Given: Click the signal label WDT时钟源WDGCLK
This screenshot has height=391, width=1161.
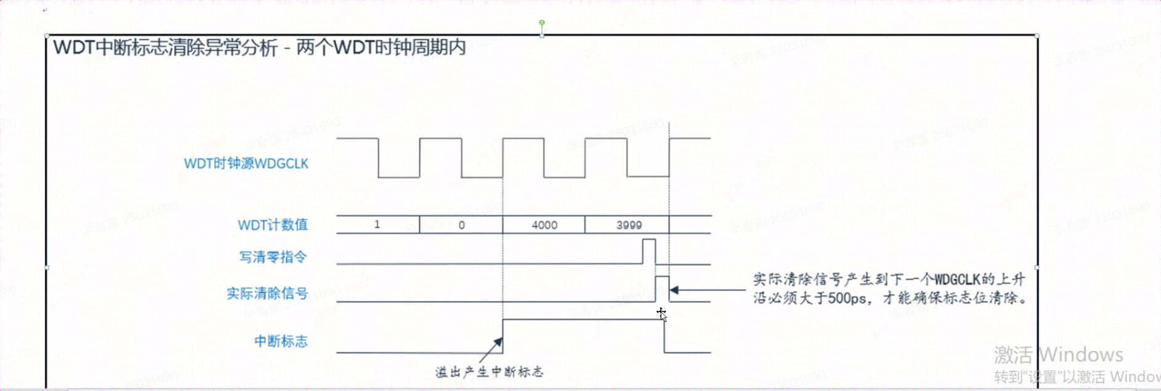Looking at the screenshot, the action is pyautogui.click(x=246, y=163).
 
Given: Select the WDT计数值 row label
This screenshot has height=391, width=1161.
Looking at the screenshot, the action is pyautogui.click(x=273, y=224).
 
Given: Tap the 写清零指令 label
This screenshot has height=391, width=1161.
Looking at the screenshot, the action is pyautogui.click(x=273, y=257).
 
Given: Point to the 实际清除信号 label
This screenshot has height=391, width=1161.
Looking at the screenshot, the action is pyautogui.click(x=266, y=293).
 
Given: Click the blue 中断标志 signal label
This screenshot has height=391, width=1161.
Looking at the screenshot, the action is pyautogui.click(x=281, y=341).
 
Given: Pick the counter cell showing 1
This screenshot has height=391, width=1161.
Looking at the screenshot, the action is pyautogui.click(x=377, y=224).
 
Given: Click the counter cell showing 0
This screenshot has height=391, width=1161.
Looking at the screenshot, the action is pyautogui.click(x=461, y=225).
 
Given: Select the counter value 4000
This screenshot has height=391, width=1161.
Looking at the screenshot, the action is pyautogui.click(x=544, y=225).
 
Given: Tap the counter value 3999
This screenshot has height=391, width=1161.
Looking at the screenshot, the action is pyautogui.click(x=629, y=225).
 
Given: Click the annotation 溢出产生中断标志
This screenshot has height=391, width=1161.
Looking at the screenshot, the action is pyautogui.click(x=489, y=372).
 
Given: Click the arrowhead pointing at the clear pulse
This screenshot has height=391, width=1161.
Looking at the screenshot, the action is pyautogui.click(x=674, y=290).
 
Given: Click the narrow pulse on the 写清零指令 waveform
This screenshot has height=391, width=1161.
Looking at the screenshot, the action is pyautogui.click(x=649, y=251).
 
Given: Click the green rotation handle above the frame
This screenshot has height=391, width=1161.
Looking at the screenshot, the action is pyautogui.click(x=542, y=23).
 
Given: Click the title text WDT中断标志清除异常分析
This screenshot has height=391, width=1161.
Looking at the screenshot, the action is pyautogui.click(x=165, y=47).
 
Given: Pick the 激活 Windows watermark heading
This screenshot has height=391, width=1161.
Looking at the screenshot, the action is pyautogui.click(x=1058, y=355).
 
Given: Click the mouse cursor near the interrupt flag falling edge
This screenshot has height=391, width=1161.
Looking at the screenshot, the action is pyautogui.click(x=661, y=313).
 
